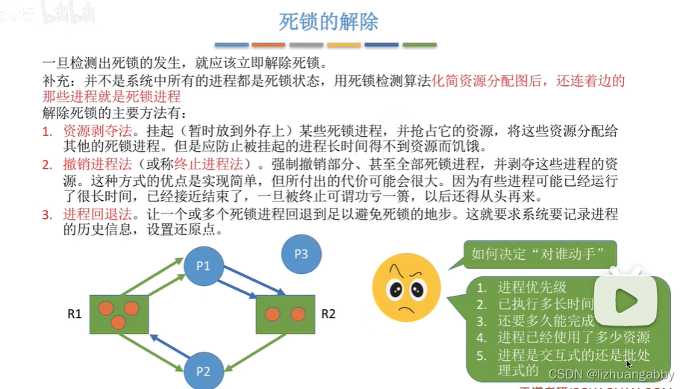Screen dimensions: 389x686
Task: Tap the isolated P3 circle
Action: (301, 254)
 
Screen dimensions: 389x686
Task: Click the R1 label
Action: (74, 314)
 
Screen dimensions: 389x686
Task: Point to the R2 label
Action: (328, 314)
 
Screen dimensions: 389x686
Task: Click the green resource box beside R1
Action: (119, 314)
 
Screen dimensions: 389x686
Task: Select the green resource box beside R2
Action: (284, 314)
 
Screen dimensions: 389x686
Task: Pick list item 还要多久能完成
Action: (546, 321)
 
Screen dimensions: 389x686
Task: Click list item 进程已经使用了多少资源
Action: (573, 337)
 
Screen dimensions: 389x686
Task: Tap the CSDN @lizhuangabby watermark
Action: (609, 373)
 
